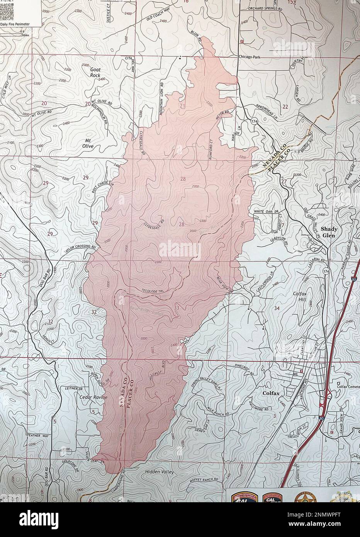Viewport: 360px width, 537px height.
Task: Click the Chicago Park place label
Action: coord(251,57)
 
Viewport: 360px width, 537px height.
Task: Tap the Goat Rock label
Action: coord(95,72)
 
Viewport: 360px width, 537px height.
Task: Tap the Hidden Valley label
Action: coord(160,472)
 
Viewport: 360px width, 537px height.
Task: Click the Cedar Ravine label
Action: coord(93,397)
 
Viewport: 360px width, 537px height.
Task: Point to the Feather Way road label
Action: coord(39,435)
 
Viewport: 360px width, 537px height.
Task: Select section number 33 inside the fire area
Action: coord(177,308)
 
